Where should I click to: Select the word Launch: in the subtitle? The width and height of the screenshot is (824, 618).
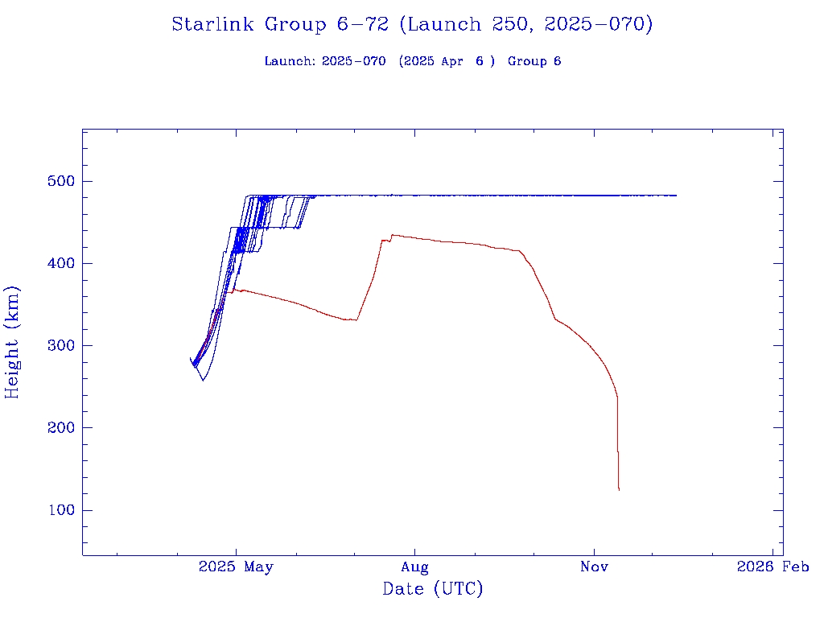[x=290, y=62]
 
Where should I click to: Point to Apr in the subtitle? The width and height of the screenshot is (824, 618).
[x=451, y=62]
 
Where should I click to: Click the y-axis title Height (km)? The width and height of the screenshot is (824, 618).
[x=13, y=341]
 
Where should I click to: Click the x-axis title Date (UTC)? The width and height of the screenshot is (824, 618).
[x=433, y=590]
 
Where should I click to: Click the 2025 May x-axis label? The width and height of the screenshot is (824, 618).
[x=236, y=567]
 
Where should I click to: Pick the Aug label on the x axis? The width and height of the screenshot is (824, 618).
[x=414, y=567]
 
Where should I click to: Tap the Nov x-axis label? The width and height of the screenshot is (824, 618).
[x=594, y=567]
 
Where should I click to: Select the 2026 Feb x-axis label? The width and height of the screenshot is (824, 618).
[x=773, y=567]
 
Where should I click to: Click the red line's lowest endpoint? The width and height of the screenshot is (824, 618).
[x=619, y=489]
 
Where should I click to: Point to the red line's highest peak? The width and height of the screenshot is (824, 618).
[x=392, y=235]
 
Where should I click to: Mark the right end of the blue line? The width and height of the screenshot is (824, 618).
[x=676, y=196]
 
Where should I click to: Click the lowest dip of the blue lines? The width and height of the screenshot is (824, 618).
[x=203, y=380]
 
